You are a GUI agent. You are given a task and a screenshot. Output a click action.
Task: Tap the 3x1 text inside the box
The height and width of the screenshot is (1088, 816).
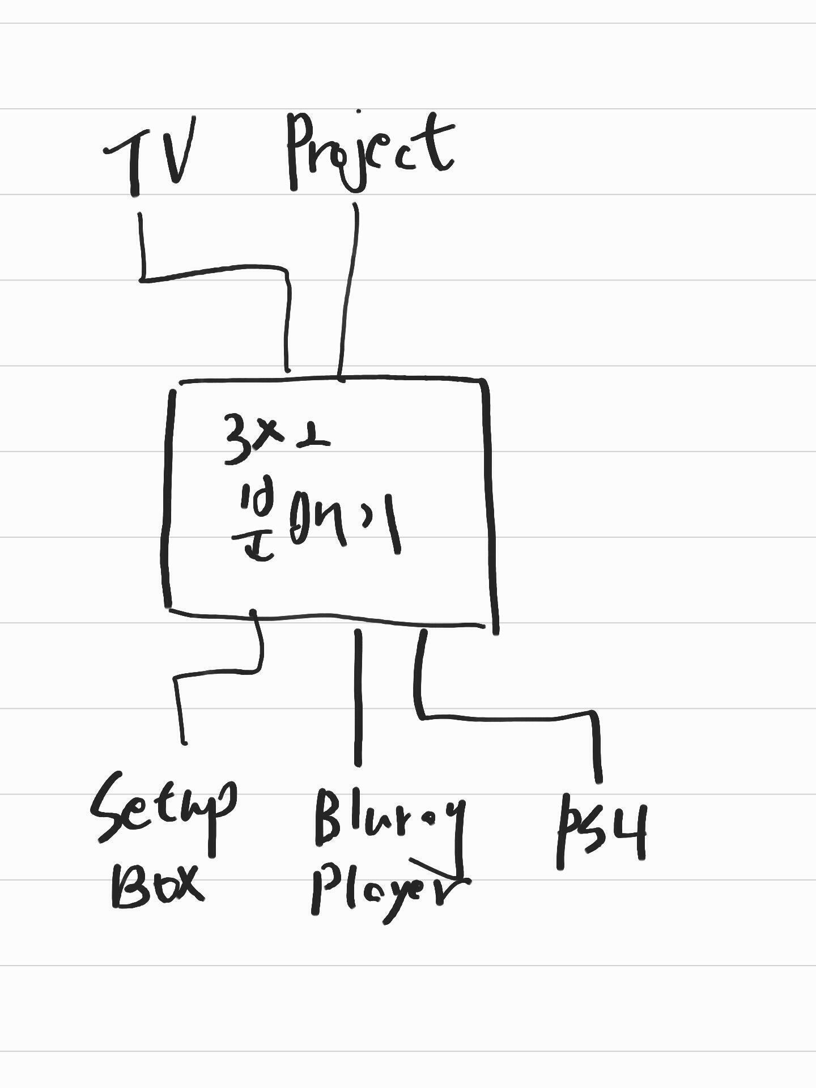pos(275,439)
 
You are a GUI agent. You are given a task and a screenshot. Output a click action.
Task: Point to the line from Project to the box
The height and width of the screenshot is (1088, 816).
pos(349,289)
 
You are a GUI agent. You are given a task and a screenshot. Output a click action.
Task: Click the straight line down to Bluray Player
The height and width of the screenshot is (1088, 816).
pos(358,697)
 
